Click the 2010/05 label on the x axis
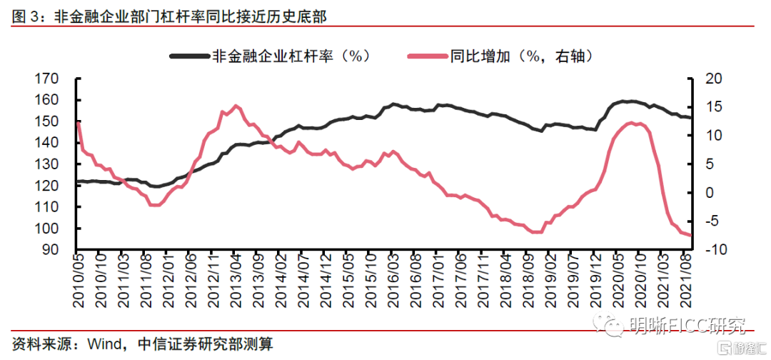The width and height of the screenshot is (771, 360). click(x=79, y=281)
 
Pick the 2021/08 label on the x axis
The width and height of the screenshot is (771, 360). click(x=688, y=281)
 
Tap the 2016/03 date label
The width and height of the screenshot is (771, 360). click(x=393, y=281)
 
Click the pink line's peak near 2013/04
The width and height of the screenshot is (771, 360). click(x=236, y=106)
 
